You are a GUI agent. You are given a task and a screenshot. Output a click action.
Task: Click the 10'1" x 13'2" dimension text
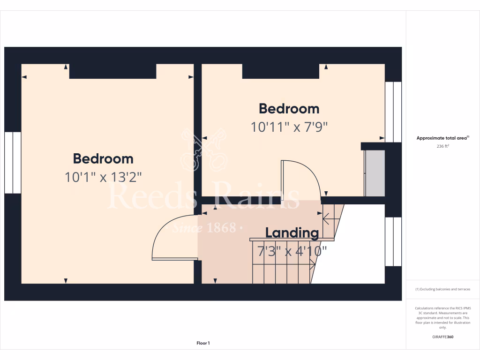[x=103, y=177]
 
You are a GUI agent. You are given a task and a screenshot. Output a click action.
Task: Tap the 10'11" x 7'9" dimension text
[x=289, y=127]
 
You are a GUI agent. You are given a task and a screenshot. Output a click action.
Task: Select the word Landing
[x=292, y=232]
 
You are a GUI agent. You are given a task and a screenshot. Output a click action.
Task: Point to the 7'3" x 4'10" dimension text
[x=292, y=251]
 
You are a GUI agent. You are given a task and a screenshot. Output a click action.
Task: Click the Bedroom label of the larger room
[x=103, y=158]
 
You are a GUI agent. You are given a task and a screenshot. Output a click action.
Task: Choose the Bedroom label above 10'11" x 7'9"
[x=289, y=109]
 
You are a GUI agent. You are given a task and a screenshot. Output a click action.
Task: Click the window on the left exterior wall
[x=13, y=162]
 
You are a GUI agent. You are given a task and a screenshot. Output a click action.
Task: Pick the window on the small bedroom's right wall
[x=393, y=112]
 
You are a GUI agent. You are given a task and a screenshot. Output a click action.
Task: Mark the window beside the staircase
[x=393, y=241]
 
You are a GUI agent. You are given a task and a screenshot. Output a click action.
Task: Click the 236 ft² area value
[x=442, y=146]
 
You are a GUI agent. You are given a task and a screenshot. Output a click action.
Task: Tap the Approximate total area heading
[x=442, y=138]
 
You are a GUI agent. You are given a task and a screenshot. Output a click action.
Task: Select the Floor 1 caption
[x=203, y=343]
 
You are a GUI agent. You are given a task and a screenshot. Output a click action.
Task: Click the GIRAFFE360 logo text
[x=442, y=337]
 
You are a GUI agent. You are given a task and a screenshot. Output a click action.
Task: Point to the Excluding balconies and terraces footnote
[x=442, y=289]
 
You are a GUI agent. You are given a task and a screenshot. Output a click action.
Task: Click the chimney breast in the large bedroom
[x=112, y=71]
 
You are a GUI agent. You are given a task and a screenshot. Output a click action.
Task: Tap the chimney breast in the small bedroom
[x=281, y=71]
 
